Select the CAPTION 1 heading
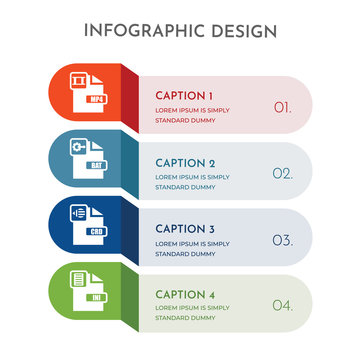[x=185, y=96]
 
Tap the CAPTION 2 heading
[x=186, y=163]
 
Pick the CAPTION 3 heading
[x=186, y=229]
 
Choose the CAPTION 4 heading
[x=186, y=295]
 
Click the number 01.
[x=282, y=106]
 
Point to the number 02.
[x=282, y=173]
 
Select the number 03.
[x=282, y=239]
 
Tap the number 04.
[x=282, y=305]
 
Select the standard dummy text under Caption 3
[x=185, y=253]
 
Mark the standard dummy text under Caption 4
[x=185, y=319]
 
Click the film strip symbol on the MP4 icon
[x=80, y=78]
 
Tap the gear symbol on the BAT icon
[x=79, y=146]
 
